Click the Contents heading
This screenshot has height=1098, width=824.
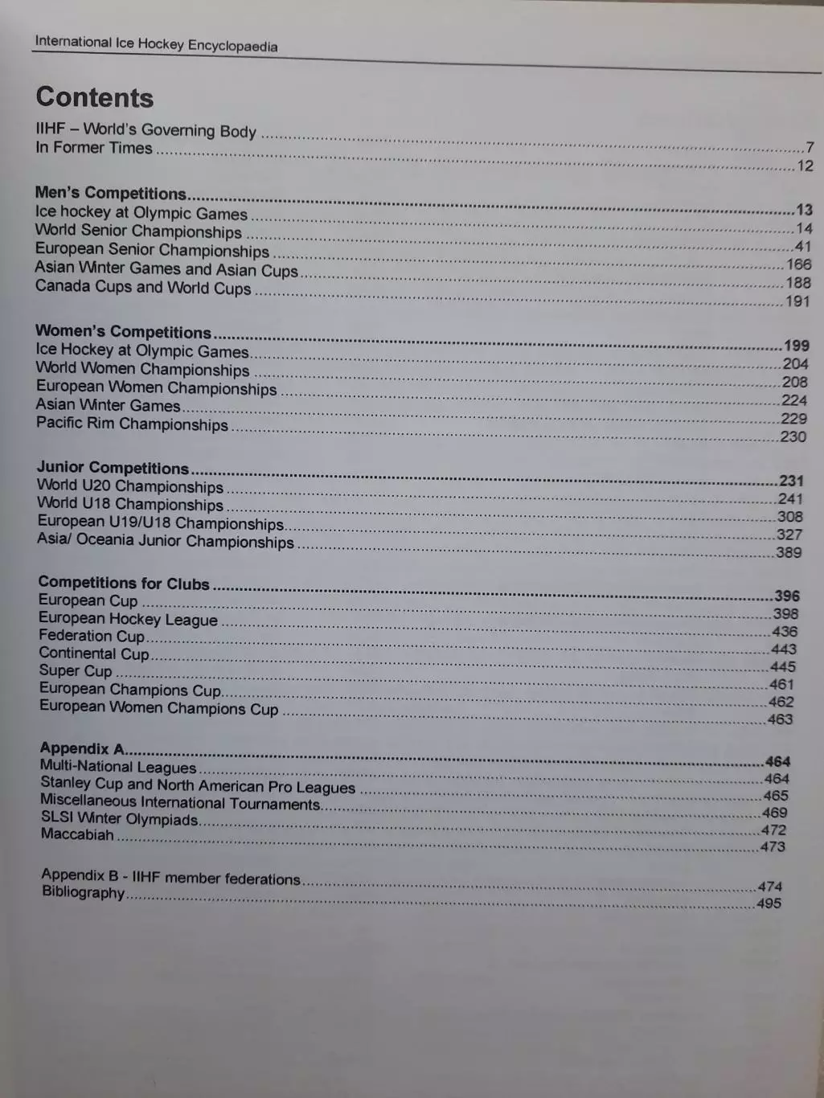coord(95,97)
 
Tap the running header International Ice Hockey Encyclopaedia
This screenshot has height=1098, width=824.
coord(156,43)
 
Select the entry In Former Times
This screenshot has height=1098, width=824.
coord(94,148)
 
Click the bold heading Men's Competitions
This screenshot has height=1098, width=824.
coord(110,193)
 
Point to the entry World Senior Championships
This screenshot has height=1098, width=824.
coord(138,231)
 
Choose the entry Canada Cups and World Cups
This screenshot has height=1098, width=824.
coord(143,287)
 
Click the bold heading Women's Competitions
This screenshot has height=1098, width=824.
coord(123,332)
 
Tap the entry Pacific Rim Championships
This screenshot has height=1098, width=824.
coord(132,424)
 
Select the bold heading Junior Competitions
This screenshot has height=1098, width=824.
coord(113,468)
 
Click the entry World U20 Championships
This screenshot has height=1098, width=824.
coord(130,486)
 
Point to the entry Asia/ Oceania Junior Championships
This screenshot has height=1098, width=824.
coord(166,541)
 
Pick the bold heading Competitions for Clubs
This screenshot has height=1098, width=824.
coord(124,583)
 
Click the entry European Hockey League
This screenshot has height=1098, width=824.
coord(129,619)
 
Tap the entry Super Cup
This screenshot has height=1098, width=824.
coord(76,670)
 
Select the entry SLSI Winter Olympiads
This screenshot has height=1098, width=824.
coord(120,819)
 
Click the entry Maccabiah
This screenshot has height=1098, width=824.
coord(77,834)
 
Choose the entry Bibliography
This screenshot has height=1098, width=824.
coord(84,892)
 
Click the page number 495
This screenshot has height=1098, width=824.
coord(769,903)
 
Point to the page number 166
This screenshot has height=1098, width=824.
coord(798,264)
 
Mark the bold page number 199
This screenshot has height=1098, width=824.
coord(796,346)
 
